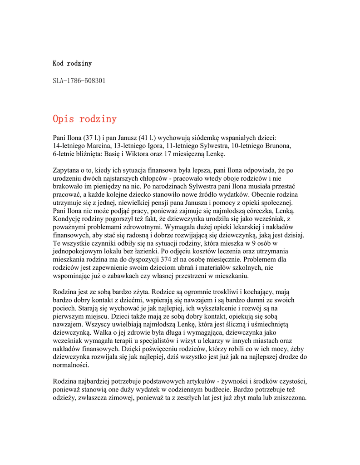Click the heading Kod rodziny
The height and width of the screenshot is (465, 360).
72,63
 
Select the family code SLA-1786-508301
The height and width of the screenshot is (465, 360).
79,80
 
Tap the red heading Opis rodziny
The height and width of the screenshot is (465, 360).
84,119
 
